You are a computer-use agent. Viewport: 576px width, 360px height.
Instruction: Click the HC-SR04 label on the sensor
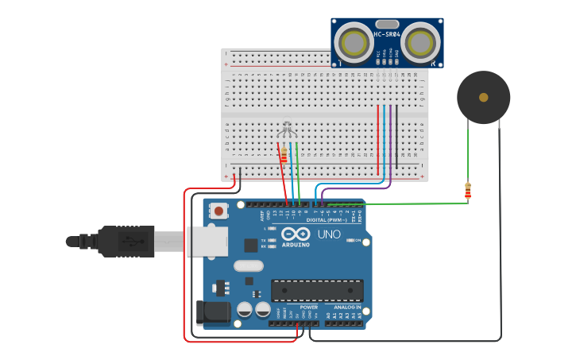(386, 34)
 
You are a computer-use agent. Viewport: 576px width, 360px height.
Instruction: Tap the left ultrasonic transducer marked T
(352, 41)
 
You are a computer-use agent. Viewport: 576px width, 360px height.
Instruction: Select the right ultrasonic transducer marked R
(420, 41)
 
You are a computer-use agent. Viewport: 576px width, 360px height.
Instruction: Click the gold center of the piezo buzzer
(483, 97)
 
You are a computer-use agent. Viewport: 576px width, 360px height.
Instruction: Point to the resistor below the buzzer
(468, 191)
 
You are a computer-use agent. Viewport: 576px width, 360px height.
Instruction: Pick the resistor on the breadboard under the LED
(283, 154)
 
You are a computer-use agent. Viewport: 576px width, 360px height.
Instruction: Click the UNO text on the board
(329, 234)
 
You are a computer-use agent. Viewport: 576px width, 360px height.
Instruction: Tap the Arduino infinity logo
(295, 234)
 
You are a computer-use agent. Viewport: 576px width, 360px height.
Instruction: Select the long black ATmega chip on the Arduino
(317, 290)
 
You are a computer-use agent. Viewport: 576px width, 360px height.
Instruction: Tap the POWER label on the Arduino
(308, 307)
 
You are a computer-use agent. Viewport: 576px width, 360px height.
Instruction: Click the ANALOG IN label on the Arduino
(346, 307)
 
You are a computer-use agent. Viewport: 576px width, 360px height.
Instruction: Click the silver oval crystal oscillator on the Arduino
(248, 266)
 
